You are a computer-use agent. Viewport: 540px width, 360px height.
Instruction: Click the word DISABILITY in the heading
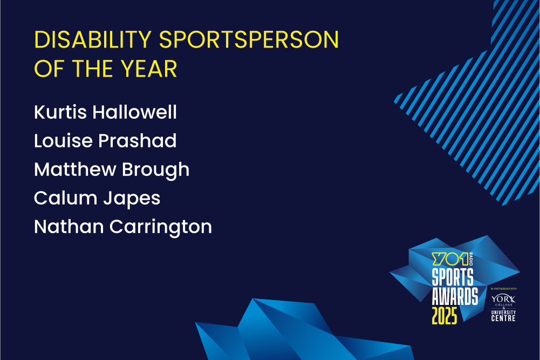(x=93, y=39)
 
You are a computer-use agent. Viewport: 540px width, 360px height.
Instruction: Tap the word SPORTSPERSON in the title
(x=249, y=39)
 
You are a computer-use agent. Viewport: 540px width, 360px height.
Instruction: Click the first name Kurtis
(x=60, y=112)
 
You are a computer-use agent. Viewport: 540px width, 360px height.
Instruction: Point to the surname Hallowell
(x=135, y=112)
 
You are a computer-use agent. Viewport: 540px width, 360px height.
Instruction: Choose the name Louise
(x=63, y=140)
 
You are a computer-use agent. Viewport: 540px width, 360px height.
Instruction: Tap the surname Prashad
(x=138, y=140)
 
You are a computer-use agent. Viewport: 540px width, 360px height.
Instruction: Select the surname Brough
(x=156, y=169)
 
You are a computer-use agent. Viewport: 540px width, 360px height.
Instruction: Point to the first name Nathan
(x=69, y=227)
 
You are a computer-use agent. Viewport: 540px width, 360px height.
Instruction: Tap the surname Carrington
(x=161, y=227)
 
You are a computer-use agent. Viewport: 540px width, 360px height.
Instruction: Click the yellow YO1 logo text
(x=450, y=259)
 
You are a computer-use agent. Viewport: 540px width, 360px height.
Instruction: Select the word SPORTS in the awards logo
(x=453, y=277)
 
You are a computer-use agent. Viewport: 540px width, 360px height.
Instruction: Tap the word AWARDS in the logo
(x=455, y=296)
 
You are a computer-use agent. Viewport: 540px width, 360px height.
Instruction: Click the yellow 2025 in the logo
(x=445, y=316)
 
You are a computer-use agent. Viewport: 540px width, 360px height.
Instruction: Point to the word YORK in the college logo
(x=503, y=298)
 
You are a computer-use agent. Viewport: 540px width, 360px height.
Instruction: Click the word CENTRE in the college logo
(x=503, y=318)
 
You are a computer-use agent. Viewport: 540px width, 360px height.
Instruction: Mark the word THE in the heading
(x=90, y=69)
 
